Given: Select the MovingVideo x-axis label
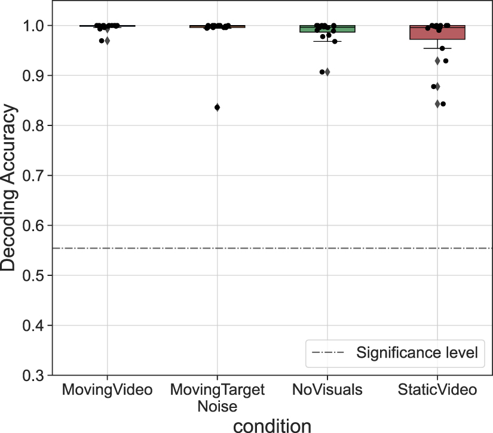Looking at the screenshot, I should [x=107, y=391].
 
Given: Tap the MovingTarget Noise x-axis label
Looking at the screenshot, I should [x=217, y=398].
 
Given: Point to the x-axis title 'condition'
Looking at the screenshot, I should [x=272, y=425].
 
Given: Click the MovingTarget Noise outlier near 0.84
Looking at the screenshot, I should [x=217, y=108].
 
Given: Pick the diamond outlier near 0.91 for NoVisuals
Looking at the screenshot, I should [x=327, y=72].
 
